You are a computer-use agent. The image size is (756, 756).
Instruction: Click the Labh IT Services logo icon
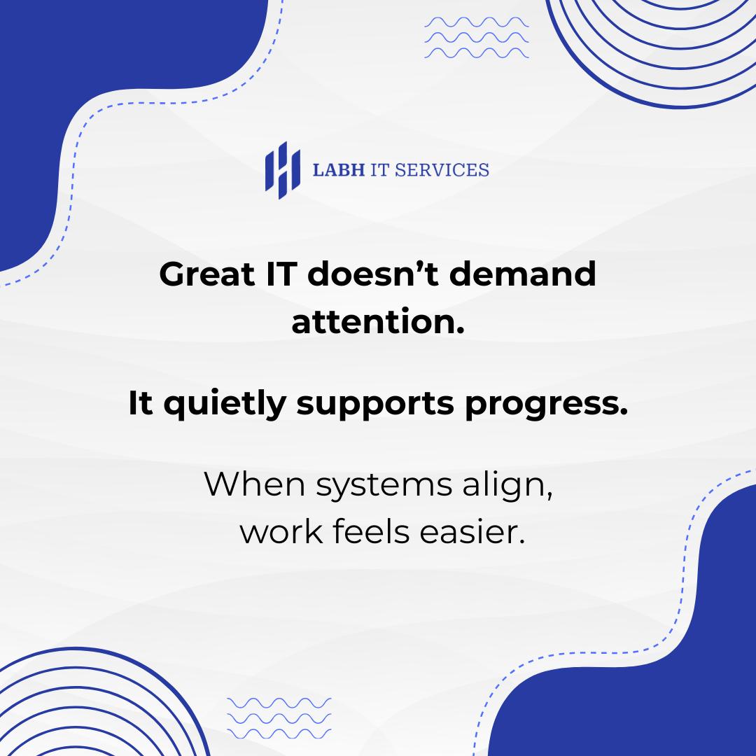tap(283, 170)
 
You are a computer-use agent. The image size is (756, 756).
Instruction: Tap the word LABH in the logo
tap(339, 170)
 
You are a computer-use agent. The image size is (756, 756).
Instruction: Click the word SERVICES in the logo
tap(442, 170)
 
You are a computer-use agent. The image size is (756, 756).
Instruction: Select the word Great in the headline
tap(206, 274)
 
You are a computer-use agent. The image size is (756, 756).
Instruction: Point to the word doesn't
tap(373, 274)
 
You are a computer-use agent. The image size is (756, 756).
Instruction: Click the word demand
tap(523, 274)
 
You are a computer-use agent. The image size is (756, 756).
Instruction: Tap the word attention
tap(378, 321)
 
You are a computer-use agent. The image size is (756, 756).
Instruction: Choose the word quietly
tap(225, 404)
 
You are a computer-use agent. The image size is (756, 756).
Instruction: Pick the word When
tap(255, 484)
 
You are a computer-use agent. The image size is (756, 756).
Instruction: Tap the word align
tap(507, 486)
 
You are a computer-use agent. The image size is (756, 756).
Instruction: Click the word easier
tap(472, 531)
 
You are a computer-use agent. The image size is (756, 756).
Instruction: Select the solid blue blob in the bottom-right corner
tap(675, 685)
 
